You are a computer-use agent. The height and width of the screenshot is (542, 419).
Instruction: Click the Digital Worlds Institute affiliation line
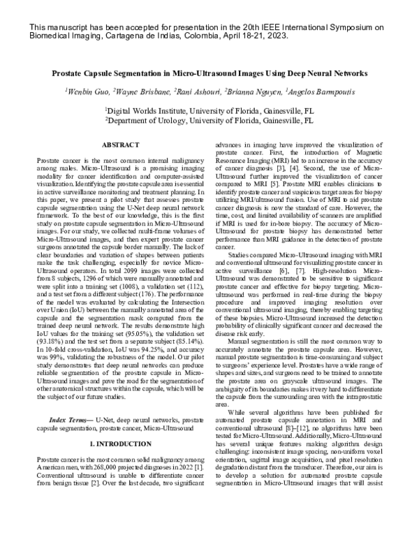pyautogui.click(x=209, y=110)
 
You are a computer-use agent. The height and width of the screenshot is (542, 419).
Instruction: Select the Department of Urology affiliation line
pyautogui.click(x=209, y=120)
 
